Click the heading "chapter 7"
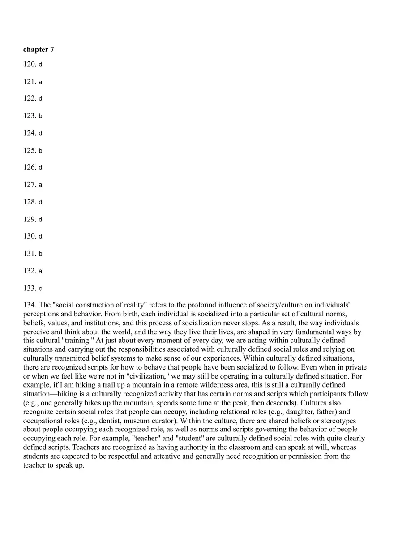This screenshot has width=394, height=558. click(x=39, y=49)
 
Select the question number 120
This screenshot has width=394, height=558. click(x=30, y=64)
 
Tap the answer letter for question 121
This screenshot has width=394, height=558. click(x=40, y=82)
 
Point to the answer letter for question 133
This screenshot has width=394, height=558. click(x=40, y=289)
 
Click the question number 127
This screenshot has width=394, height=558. click(x=30, y=184)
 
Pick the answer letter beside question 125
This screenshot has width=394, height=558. click(x=40, y=151)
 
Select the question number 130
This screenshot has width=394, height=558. click(x=30, y=236)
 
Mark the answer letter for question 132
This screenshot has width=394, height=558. click(x=40, y=271)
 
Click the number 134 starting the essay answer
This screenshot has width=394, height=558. click(x=30, y=305)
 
